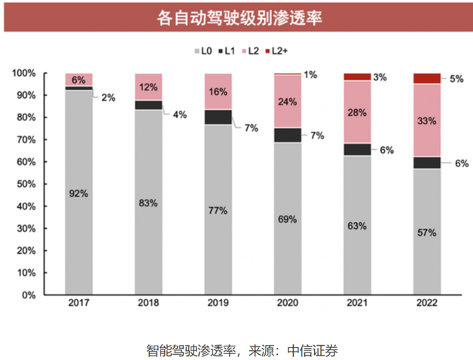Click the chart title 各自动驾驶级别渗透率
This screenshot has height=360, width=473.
236,17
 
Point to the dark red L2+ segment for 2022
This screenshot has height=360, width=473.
427,78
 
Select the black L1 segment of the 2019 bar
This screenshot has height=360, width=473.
218,117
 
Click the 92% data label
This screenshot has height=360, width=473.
79,194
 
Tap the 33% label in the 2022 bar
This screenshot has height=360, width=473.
427,120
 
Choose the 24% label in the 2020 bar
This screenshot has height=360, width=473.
288,103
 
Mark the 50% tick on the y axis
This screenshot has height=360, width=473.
26,184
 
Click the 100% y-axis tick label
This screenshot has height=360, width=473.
23,73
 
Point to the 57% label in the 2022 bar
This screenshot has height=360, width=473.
427,233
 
